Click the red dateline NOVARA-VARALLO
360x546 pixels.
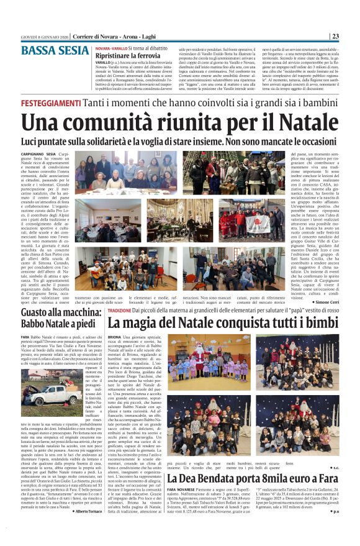[111, 48]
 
